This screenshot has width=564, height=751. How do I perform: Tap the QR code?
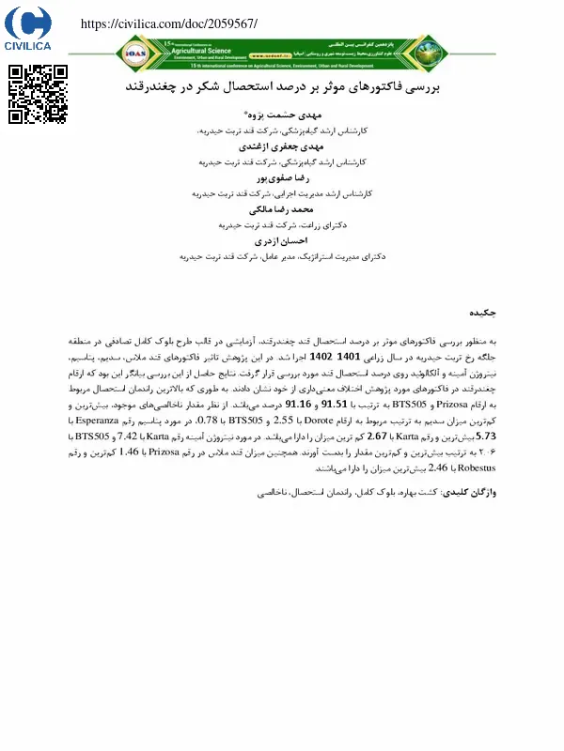39,95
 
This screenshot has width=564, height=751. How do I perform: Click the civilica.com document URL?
169,23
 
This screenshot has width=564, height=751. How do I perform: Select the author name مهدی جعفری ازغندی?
283,146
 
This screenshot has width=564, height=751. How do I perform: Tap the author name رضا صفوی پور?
283,177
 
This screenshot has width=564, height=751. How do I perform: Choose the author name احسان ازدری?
283,240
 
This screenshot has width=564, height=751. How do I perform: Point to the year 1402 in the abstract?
321,358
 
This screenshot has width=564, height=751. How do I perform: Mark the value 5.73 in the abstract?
486,437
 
